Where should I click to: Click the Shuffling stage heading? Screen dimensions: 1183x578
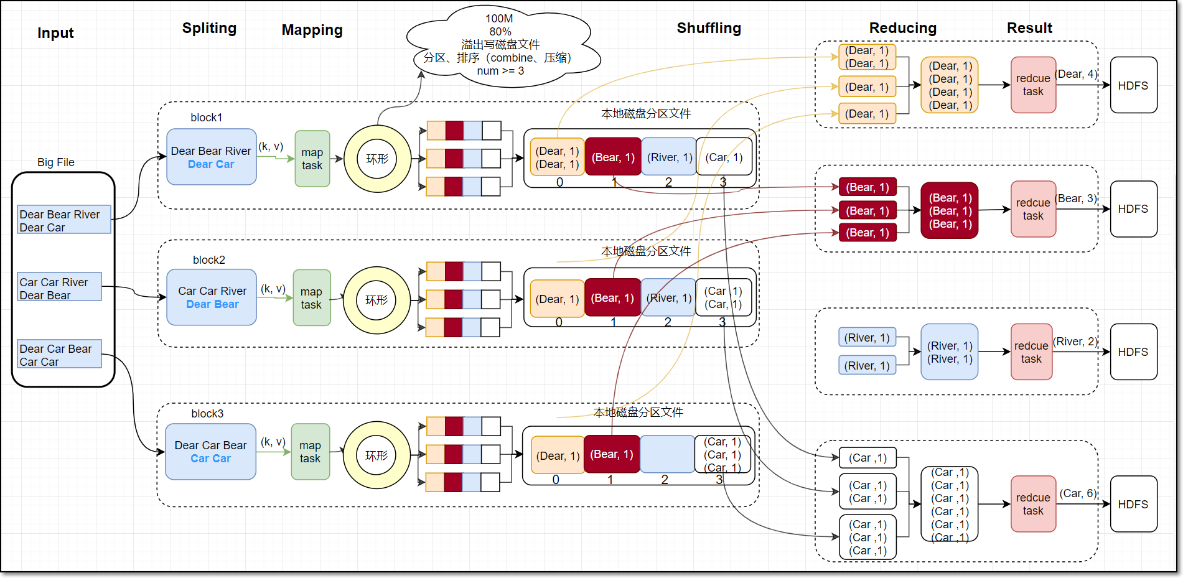click(709, 28)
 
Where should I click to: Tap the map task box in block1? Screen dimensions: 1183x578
click(312, 159)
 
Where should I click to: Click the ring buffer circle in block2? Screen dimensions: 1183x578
click(377, 301)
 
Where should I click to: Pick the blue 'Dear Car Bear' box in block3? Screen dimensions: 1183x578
click(211, 452)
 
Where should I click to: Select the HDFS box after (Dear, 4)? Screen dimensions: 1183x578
click(1133, 85)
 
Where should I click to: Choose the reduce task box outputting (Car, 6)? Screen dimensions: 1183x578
click(1033, 504)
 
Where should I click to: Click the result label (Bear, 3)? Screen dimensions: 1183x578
click(1076, 198)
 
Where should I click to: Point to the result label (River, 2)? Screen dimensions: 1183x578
click(1075, 342)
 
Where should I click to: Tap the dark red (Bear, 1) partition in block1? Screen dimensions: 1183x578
click(613, 157)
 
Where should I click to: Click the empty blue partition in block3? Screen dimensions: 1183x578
click(667, 454)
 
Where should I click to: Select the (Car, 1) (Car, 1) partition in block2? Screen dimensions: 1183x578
click(723, 297)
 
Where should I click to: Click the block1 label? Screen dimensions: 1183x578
click(207, 118)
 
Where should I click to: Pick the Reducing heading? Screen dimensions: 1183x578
click(903, 28)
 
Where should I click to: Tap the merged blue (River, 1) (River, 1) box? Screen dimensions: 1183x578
click(950, 352)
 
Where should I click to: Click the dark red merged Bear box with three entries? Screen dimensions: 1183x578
click(950, 211)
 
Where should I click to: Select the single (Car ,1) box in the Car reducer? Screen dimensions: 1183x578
click(868, 458)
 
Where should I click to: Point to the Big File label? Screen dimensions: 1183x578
click(56, 162)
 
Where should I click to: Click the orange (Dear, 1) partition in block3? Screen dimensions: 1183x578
click(558, 455)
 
